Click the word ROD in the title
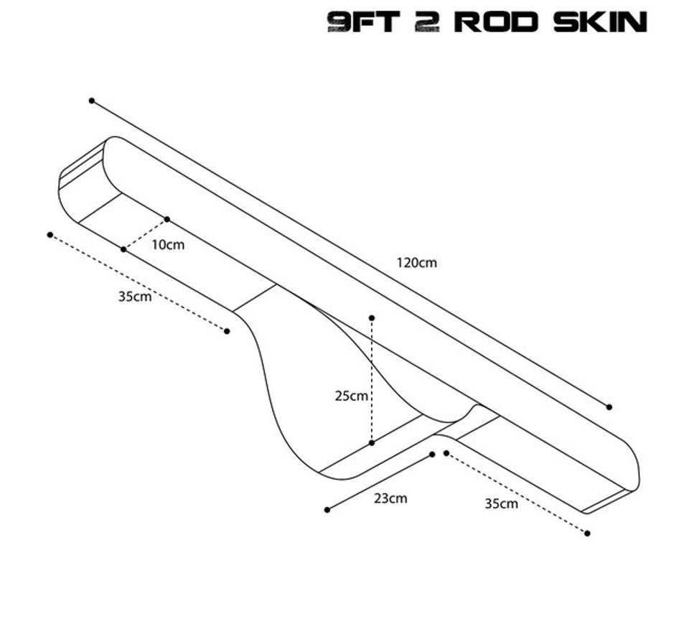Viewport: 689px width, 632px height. (496, 22)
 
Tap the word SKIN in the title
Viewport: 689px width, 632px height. (600, 22)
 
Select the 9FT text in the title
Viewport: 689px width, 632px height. (364, 22)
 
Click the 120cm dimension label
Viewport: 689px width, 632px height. (416, 263)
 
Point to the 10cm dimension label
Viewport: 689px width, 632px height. (168, 245)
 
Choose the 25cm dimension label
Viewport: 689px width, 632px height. (351, 396)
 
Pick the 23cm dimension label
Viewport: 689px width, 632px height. (390, 498)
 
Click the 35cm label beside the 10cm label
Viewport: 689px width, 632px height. (135, 297)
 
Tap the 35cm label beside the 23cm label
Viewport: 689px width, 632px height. (502, 503)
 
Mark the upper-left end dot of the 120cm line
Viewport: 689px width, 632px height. (91, 101)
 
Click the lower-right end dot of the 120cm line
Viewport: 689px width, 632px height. (609, 406)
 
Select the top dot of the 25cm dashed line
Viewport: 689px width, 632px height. (372, 317)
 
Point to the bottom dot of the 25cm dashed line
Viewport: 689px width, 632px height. (372, 442)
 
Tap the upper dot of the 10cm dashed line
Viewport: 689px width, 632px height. (167, 219)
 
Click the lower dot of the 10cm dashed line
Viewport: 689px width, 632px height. (123, 249)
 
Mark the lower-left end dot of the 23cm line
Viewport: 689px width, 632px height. (327, 510)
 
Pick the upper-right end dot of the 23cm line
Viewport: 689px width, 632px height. (432, 455)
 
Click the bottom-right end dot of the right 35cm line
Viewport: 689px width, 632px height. (588, 534)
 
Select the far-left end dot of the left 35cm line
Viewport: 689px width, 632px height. (50, 235)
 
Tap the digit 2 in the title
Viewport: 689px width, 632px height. (427, 22)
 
